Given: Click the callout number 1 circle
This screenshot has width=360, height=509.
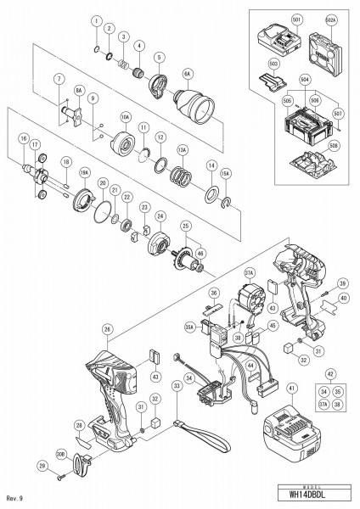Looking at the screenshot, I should coord(97,20).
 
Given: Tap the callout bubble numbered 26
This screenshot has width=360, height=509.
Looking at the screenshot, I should coord(107,329).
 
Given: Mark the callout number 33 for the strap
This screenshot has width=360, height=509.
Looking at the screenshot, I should coord(177,385).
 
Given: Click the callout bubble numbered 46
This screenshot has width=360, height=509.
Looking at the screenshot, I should coord(200,252).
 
